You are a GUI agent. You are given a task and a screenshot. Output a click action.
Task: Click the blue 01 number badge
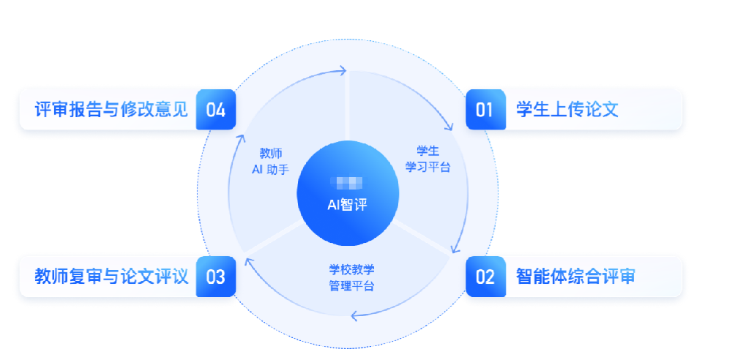coord(485,110)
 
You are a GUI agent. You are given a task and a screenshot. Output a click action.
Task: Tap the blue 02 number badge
coord(485,277)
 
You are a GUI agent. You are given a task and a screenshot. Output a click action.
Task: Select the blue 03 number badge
coord(216,277)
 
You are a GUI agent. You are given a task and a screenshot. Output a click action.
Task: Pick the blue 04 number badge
coord(216,110)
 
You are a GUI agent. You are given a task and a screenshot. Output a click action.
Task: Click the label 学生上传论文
coord(567,110)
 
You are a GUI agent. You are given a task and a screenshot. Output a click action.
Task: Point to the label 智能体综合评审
coord(575,277)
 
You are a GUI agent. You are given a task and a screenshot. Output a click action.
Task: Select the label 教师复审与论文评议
coord(112,277)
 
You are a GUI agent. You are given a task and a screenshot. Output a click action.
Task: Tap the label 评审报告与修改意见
coord(112,110)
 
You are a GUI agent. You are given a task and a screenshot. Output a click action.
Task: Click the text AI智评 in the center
coord(347,205)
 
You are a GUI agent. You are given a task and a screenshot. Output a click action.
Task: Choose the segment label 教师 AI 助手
coord(270,161)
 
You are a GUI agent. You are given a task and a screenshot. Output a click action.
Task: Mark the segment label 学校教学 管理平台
coord(351,277)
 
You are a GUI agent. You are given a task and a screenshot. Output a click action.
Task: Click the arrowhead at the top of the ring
coord(342,71)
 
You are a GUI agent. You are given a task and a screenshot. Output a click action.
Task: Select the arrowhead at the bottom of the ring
coord(354,316)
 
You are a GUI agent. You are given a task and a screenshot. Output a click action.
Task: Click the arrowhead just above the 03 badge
coord(246,257)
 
